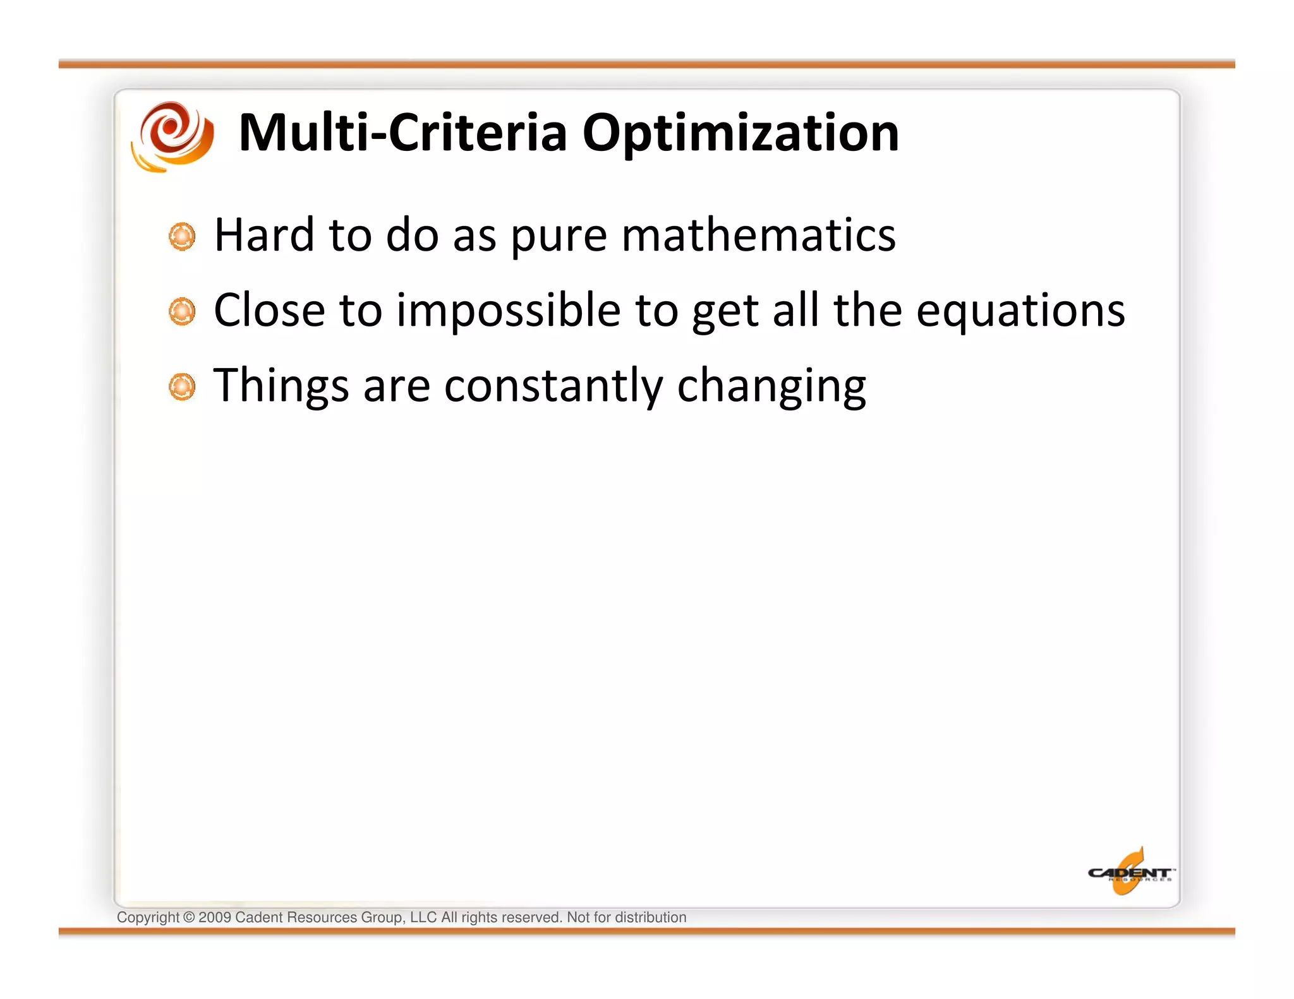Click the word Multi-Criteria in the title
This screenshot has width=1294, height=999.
pos(402,133)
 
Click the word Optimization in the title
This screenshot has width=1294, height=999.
pos(740,134)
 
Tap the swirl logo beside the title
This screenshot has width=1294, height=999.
pos(172,135)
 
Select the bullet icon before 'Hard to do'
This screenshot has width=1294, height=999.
pos(182,237)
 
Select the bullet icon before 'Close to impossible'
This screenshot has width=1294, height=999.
pos(182,312)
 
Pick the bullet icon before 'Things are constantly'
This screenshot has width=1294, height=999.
pos(182,387)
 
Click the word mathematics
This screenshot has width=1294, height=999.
pos(758,235)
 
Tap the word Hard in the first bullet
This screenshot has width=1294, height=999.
pos(264,235)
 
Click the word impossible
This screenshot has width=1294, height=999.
pos(508,311)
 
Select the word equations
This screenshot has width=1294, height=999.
pos(1020,311)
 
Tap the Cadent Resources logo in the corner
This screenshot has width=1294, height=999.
pos(1130,872)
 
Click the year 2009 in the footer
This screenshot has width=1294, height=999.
pos(215,918)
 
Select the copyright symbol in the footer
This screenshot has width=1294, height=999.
pos(189,918)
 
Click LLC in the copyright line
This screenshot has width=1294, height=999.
pos(423,918)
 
